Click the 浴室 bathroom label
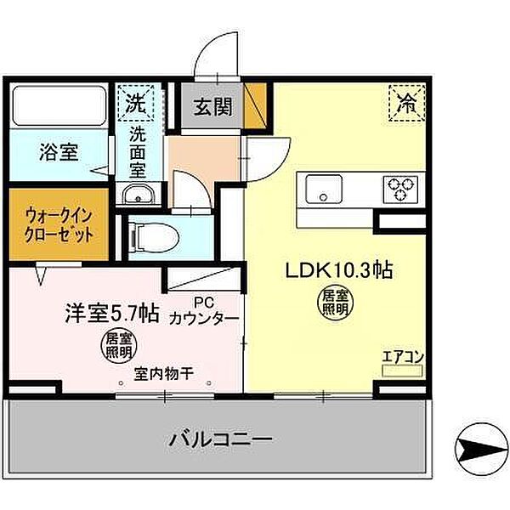tap(59, 152)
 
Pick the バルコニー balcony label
tap(220, 440)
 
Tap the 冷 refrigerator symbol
tap(408, 104)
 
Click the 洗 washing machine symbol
tap(136, 104)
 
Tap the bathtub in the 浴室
tap(59, 107)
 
